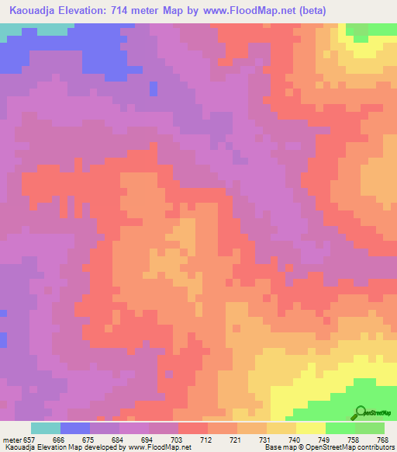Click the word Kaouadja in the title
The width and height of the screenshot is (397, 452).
click(x=33, y=10)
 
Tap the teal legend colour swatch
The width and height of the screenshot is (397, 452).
click(x=46, y=428)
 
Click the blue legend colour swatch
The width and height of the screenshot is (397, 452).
click(x=75, y=428)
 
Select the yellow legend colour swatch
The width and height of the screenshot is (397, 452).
click(x=310, y=428)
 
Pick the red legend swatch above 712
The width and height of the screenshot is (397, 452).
click(x=193, y=428)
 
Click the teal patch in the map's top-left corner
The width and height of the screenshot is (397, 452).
click(x=31, y=28)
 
